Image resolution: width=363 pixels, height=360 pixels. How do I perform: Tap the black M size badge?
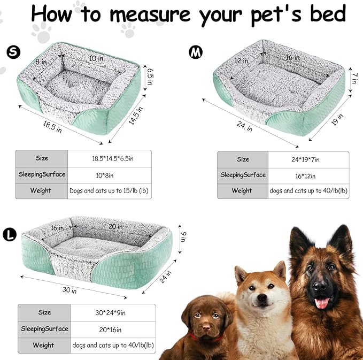click(x=196, y=51)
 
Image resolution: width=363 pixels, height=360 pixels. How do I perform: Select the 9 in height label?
click(x=183, y=235)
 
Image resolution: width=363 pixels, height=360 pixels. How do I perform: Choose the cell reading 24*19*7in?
click(x=302, y=159)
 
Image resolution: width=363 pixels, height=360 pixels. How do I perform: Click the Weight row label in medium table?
click(x=242, y=190)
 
